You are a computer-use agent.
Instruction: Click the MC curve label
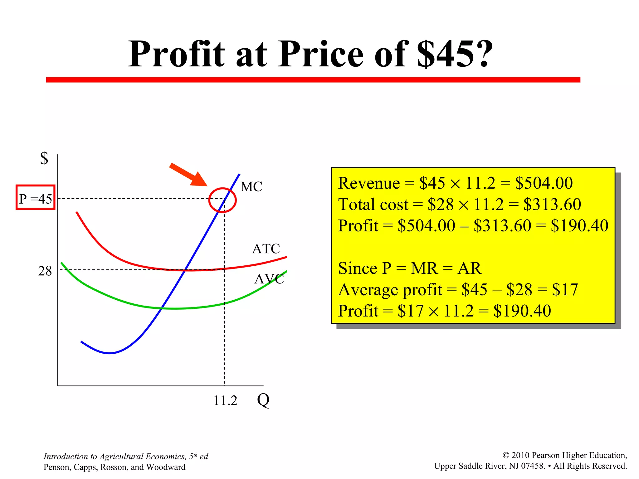point(251,187)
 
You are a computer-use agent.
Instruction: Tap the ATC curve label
point(266,249)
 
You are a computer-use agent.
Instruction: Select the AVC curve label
point(269,279)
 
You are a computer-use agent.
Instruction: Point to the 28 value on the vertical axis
point(45,271)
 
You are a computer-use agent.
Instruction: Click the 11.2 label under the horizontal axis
point(225,400)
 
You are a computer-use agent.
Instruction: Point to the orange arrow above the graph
point(188,175)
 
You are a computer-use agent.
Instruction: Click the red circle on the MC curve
point(222,200)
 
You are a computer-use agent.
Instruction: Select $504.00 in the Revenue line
point(544,183)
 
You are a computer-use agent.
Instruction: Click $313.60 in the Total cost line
point(552,205)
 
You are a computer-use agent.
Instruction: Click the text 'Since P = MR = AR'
point(410,268)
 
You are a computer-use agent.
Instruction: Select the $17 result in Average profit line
point(565,290)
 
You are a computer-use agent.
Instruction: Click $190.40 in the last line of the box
point(522,311)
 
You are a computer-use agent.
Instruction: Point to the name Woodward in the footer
point(166,467)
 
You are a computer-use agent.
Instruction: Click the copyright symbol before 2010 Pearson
point(506,456)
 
